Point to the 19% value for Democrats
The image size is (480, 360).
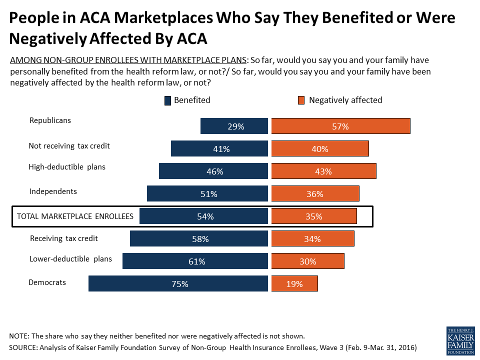(x=294, y=283)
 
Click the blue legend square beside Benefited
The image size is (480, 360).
(x=167, y=100)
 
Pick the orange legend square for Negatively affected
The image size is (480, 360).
(x=301, y=100)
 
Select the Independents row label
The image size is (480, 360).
(x=53, y=191)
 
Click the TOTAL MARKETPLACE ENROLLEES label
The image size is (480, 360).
(x=75, y=216)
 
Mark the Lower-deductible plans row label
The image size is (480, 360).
(x=70, y=259)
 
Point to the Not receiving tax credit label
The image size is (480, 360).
(x=69, y=146)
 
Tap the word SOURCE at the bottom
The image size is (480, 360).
(x=23, y=347)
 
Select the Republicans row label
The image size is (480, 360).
(x=50, y=120)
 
